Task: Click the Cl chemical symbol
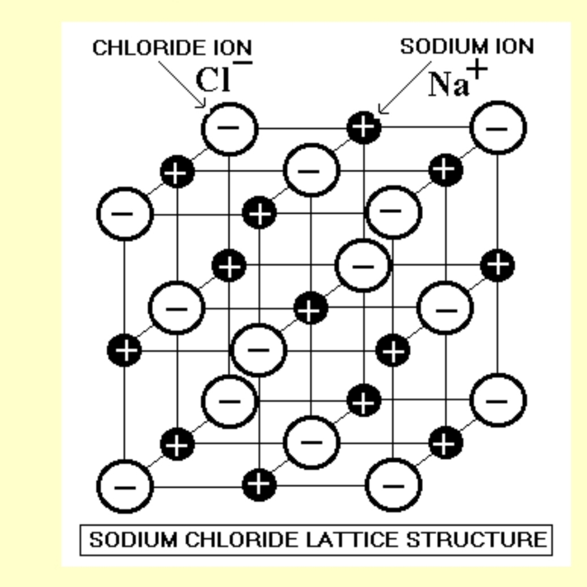pyautogui.click(x=213, y=80)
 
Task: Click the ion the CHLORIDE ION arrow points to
pyautogui.click(x=229, y=128)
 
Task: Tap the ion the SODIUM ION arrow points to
pyautogui.click(x=363, y=127)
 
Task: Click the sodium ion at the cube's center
pyautogui.click(x=311, y=308)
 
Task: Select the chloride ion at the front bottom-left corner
pyautogui.click(x=125, y=486)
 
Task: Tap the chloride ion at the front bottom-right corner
pyautogui.click(x=393, y=485)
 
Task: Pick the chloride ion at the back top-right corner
pyautogui.click(x=498, y=128)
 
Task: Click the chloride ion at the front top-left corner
pyautogui.click(x=125, y=214)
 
